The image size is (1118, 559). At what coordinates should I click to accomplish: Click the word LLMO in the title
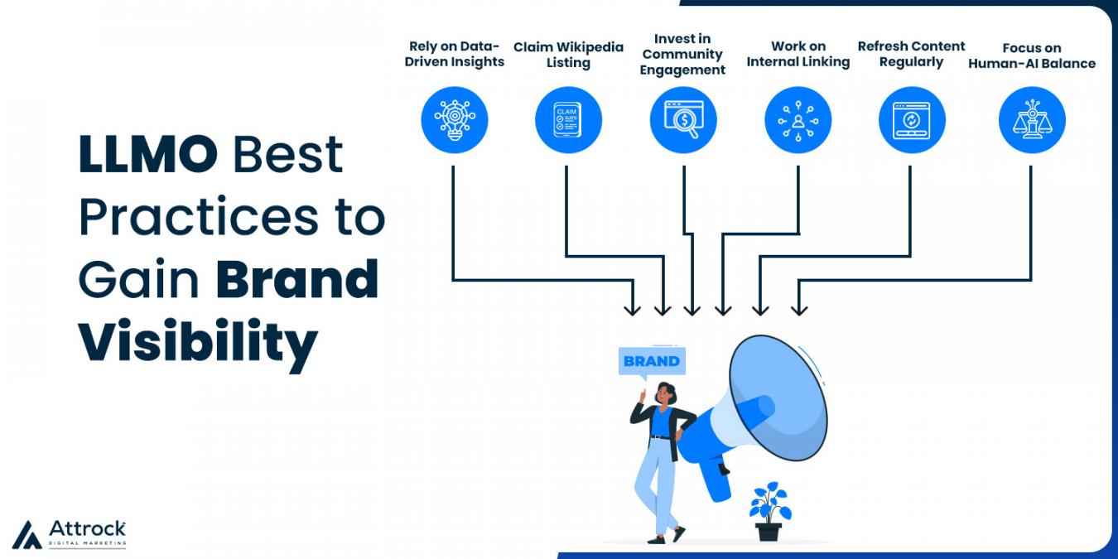pyautogui.click(x=147, y=154)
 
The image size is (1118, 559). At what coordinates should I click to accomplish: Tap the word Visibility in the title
pyautogui.click(x=198, y=343)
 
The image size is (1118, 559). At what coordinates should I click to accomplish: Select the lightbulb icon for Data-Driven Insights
pyautogui.click(x=454, y=120)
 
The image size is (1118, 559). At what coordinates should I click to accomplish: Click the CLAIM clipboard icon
pyautogui.click(x=568, y=120)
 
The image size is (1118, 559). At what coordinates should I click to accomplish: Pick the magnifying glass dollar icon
pyautogui.click(x=682, y=120)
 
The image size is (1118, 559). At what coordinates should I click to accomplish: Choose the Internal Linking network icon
pyautogui.click(x=798, y=120)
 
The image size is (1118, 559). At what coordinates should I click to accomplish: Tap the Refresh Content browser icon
pyautogui.click(x=912, y=120)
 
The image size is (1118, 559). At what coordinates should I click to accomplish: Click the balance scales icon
pyautogui.click(x=1032, y=120)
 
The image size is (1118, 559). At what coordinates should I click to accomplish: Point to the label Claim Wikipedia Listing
pyautogui.click(x=568, y=55)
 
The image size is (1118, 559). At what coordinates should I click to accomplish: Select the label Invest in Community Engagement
pyautogui.click(x=682, y=55)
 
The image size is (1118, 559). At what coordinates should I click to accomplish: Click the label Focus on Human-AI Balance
pyautogui.click(x=1032, y=56)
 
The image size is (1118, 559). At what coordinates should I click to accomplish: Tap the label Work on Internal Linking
pyautogui.click(x=798, y=54)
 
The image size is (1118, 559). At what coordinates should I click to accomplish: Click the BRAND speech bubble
pyautogui.click(x=652, y=361)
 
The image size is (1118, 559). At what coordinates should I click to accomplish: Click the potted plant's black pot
pyautogui.click(x=769, y=532)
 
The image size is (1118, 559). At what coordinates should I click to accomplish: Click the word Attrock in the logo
pyautogui.click(x=87, y=528)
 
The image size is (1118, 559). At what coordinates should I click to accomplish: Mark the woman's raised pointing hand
pyautogui.click(x=643, y=397)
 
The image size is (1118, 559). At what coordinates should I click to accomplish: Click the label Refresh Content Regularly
pyautogui.click(x=911, y=54)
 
